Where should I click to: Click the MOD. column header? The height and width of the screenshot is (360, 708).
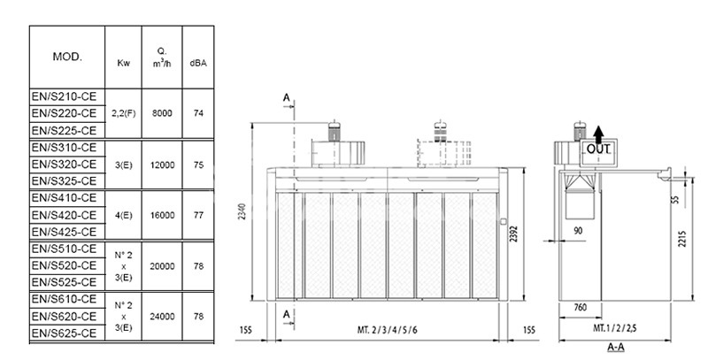[67, 57]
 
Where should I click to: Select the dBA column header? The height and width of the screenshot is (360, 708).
[198, 62]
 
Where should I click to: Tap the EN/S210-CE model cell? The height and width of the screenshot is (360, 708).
[64, 96]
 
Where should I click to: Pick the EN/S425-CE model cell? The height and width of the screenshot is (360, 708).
[64, 232]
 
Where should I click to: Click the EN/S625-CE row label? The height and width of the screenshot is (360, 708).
[64, 333]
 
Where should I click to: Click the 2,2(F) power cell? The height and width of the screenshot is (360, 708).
[124, 113]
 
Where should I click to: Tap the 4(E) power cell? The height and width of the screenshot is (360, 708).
[124, 215]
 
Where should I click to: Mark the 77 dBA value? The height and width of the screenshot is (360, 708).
[198, 215]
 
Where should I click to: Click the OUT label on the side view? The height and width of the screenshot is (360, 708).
[599, 150]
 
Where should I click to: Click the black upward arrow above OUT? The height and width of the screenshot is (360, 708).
[599, 134]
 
